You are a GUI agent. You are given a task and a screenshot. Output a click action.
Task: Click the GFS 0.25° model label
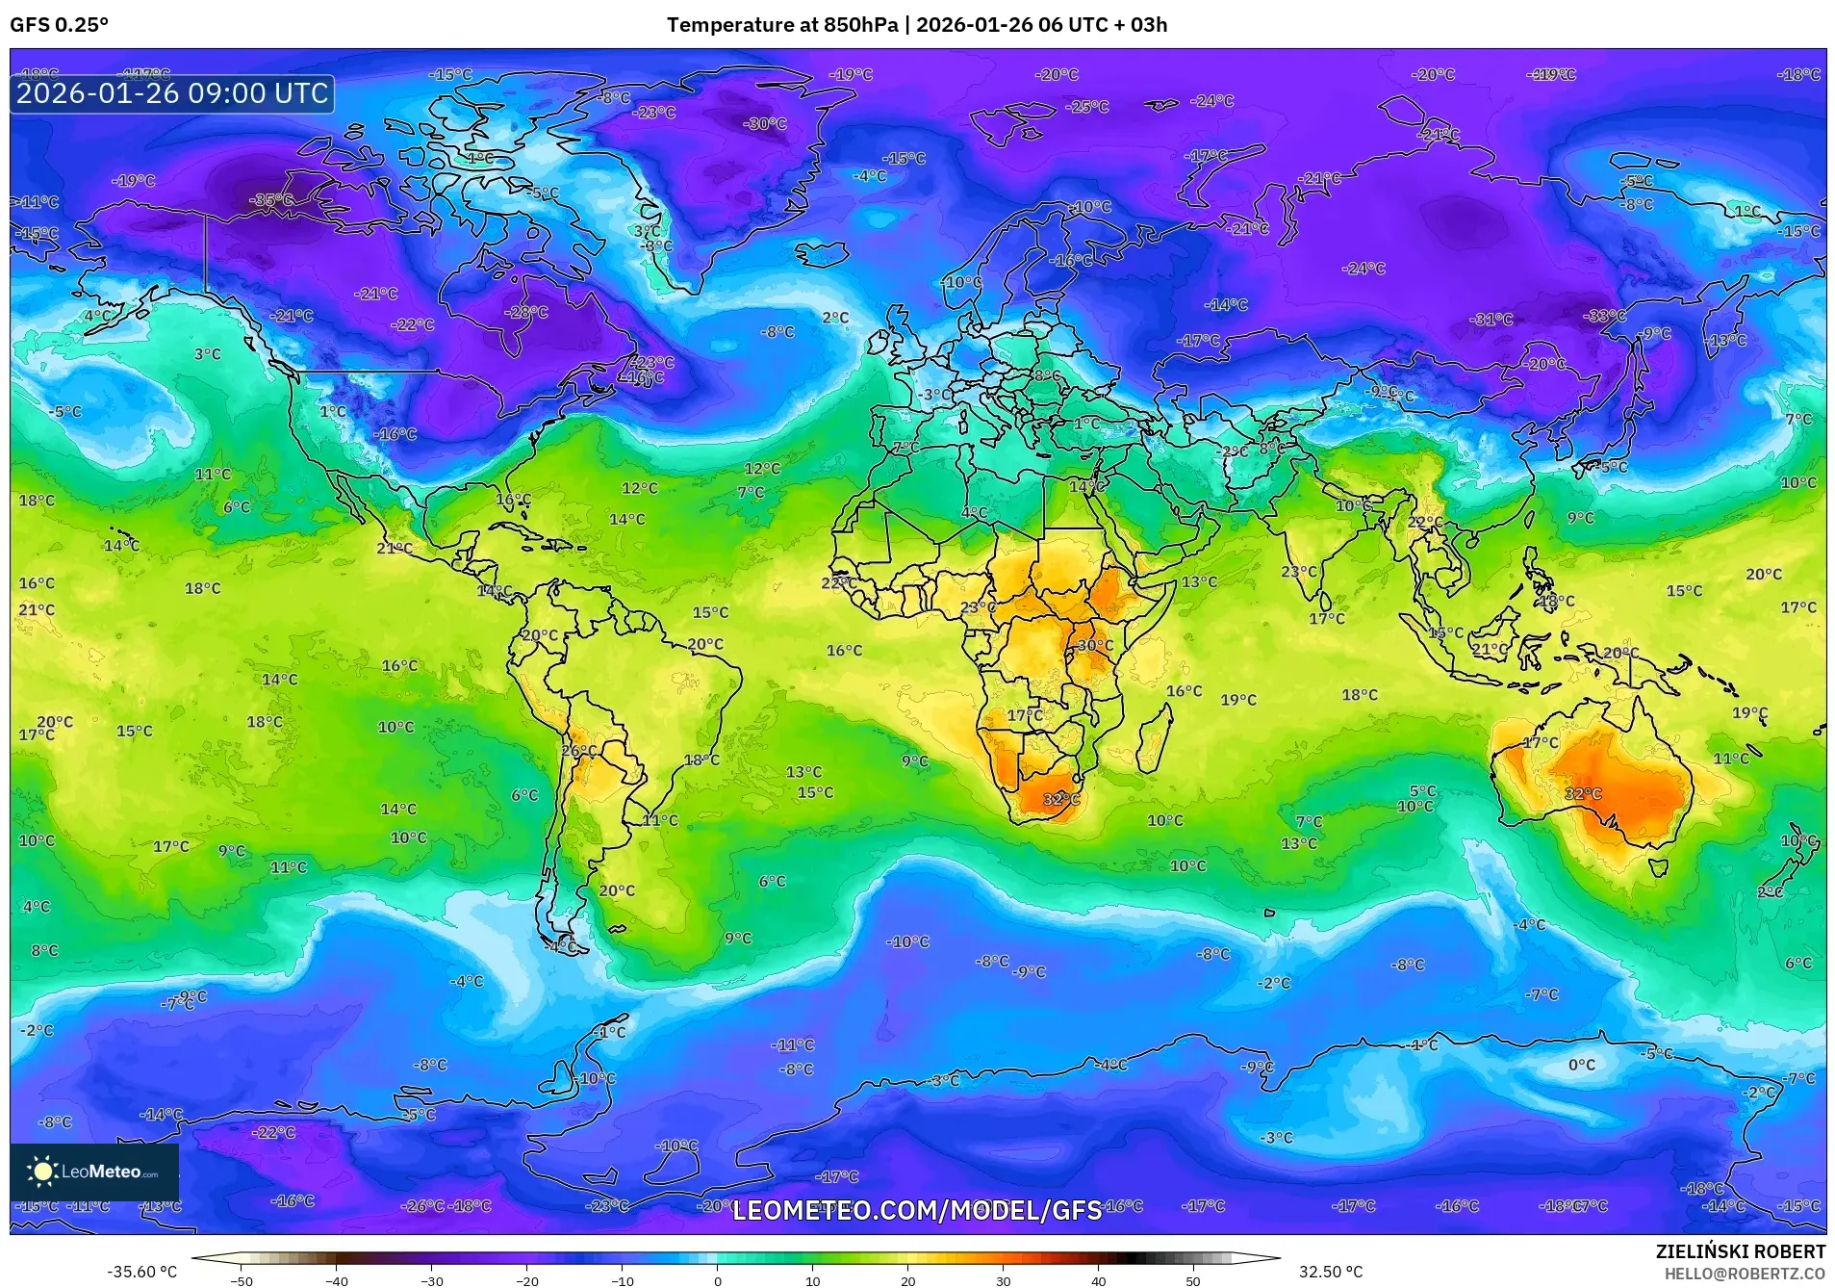click(59, 25)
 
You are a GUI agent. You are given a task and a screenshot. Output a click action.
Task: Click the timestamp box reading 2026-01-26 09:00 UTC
click(172, 93)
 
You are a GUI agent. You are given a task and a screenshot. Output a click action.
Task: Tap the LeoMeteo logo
click(94, 1172)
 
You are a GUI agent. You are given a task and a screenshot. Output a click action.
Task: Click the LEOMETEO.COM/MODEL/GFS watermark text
click(916, 1210)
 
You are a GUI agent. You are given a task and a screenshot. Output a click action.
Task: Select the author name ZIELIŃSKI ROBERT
click(1740, 1251)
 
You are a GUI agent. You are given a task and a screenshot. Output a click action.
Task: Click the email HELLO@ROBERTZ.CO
click(1745, 1274)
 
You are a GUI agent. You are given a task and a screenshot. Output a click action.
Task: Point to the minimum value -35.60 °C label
click(141, 1272)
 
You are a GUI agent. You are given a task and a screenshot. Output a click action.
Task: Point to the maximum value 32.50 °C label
click(1331, 1272)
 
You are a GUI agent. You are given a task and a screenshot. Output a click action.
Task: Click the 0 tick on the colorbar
click(717, 1280)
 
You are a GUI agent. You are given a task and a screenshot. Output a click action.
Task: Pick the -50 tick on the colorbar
click(242, 1280)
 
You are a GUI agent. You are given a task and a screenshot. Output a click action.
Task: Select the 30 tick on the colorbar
click(1003, 1280)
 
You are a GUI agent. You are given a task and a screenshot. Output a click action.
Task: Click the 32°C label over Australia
click(1583, 794)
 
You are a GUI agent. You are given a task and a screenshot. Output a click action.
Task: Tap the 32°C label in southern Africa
click(1061, 799)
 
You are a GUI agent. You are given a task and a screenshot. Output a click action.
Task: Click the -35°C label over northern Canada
click(270, 199)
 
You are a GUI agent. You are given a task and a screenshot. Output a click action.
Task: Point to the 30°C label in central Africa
click(1095, 646)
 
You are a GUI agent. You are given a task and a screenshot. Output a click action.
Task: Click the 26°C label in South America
click(579, 751)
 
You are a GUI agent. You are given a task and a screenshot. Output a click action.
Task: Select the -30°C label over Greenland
click(765, 124)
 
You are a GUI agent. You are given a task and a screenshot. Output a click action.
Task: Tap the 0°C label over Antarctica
click(1581, 1065)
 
